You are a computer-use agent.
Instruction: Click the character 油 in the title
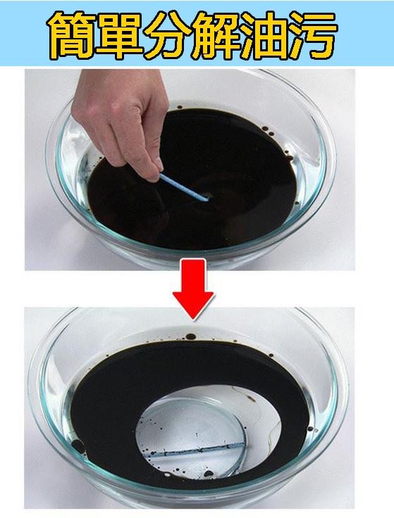tap(264, 36)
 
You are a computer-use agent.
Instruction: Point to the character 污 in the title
tap(313, 36)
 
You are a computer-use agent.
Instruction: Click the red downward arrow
tap(193, 289)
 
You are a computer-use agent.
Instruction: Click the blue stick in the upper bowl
tap(185, 187)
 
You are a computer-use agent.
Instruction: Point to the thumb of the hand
tap(153, 165)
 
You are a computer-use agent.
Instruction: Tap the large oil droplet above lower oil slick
tap(190, 336)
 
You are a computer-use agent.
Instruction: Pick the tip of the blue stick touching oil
tap(209, 199)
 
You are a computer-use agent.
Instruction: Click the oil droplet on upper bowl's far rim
tap(180, 108)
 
